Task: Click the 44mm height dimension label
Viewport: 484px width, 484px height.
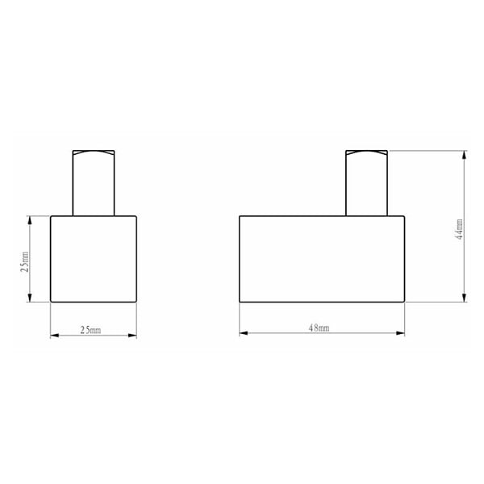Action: click(460, 229)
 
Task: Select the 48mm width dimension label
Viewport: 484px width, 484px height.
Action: click(319, 328)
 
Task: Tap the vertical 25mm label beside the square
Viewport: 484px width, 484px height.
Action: click(25, 261)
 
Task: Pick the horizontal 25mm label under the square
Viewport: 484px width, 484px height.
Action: click(90, 330)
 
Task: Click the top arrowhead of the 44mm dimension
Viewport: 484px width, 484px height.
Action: click(464, 155)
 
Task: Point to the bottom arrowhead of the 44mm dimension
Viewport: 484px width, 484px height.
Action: click(464, 297)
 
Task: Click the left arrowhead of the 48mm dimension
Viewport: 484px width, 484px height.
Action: click(244, 333)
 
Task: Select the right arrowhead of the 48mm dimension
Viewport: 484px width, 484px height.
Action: click(400, 333)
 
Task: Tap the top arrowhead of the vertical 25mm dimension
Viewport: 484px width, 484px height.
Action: click(30, 220)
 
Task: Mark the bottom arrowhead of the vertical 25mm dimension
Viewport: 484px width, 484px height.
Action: click(30, 298)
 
